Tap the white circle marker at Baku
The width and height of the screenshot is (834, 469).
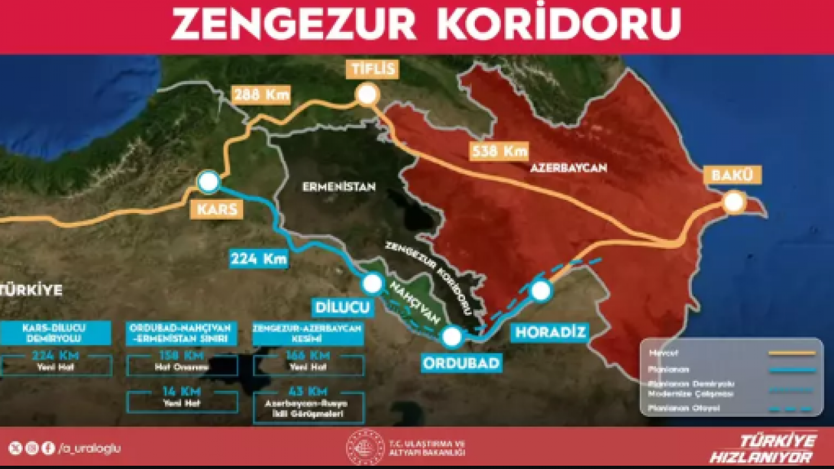point(734,203)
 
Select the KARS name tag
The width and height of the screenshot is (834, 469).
point(214,209)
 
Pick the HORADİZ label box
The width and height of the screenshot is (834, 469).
point(551,332)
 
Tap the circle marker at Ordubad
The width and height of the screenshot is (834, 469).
point(452,337)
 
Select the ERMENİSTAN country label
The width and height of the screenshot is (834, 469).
point(339,187)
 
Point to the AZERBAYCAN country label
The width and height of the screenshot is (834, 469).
point(568,167)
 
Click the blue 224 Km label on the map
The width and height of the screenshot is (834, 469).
point(259,259)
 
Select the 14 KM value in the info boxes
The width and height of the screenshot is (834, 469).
point(182,392)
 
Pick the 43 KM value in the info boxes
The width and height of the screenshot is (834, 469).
point(308,392)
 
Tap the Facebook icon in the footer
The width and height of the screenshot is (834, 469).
point(48,448)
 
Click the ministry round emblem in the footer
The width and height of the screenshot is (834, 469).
point(365,447)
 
